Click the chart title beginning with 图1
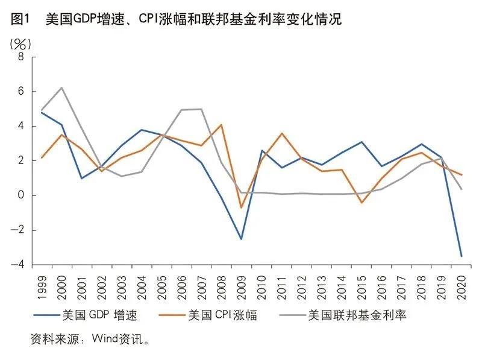[x=175, y=19]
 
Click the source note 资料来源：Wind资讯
[x=90, y=339]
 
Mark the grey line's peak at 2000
[x=61, y=88]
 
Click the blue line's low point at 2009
[x=241, y=239]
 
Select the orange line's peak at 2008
[x=221, y=125]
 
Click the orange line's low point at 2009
[x=241, y=208]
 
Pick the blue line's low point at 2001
[x=81, y=178]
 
